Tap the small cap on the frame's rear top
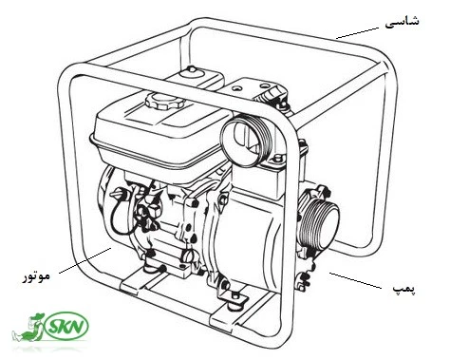click(192, 72)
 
